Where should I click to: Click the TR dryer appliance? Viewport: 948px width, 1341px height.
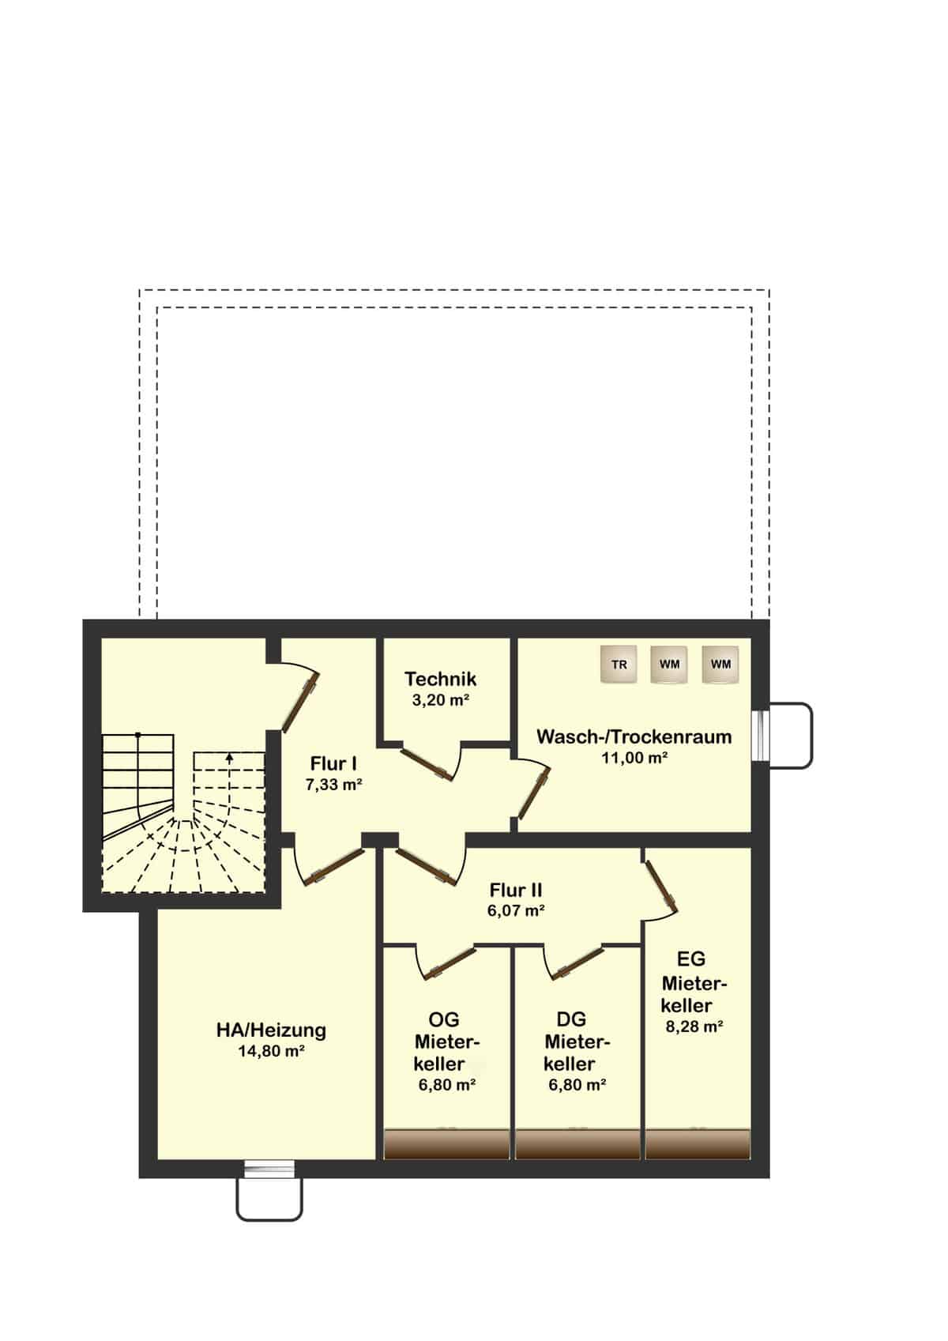(x=619, y=664)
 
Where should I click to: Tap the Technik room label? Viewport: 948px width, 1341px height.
(x=441, y=679)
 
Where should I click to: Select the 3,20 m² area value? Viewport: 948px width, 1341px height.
(x=441, y=700)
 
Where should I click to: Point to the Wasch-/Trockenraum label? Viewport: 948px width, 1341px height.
(x=634, y=736)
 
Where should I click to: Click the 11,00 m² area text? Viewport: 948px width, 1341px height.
(x=634, y=758)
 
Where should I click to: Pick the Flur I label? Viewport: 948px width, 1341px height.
(x=334, y=763)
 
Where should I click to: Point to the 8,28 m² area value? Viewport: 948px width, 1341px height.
(x=694, y=1026)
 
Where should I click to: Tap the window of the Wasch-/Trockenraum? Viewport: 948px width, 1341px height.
(x=760, y=735)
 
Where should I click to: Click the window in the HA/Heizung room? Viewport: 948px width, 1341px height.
(x=270, y=1168)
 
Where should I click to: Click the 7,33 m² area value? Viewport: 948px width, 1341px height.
(x=334, y=785)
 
